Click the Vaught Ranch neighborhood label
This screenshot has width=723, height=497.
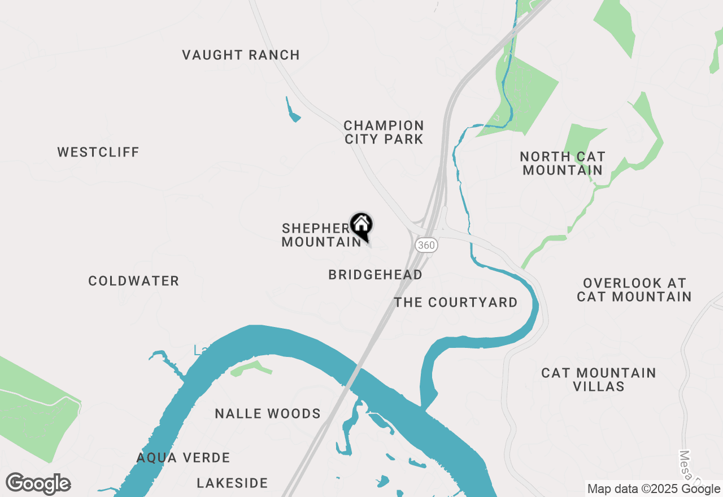coord(241,55)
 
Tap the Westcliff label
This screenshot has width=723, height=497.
coord(98,152)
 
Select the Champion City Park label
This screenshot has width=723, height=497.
coord(384,132)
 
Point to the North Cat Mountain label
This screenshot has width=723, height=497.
coord(563,163)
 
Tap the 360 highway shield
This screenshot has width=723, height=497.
coord(426,245)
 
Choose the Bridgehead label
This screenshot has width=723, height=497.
coord(375,275)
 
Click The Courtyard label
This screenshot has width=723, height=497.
coord(456,303)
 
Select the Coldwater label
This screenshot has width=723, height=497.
coord(134,281)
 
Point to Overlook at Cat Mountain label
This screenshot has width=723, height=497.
coord(634,290)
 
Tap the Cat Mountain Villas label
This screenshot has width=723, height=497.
coord(599,380)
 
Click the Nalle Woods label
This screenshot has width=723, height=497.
coord(268,414)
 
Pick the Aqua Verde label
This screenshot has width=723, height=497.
coord(184,458)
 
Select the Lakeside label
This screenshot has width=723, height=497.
coord(232,483)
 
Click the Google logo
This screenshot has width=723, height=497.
coord(38,484)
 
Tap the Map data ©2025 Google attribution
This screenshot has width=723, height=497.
coord(654,489)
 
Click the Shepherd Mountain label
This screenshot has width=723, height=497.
coord(319,235)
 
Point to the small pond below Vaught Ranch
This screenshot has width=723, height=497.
coord(293,113)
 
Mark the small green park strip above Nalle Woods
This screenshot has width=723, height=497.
coord(252,369)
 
